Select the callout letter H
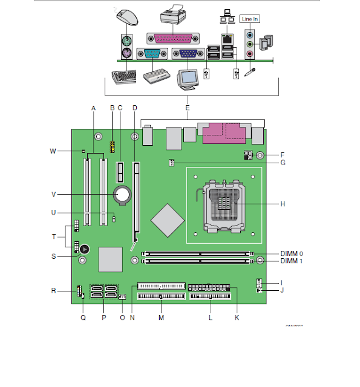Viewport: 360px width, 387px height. pos(283,204)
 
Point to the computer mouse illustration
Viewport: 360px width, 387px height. pos(126,18)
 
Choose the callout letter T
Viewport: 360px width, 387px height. pos(53,236)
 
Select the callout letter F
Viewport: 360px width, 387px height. pos(283,155)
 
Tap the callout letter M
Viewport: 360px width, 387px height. pos(161,317)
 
